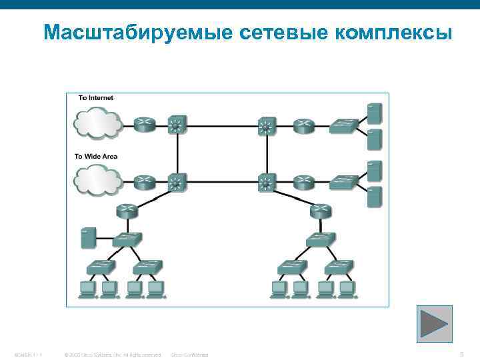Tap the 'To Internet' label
point(96,98)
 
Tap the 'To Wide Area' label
point(96,156)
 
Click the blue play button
point(434,323)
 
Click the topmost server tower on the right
point(374,111)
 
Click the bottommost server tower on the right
point(374,197)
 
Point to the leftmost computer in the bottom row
point(87,289)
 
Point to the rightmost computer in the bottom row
point(345,289)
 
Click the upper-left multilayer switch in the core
point(177,124)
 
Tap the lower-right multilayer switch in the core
point(267,181)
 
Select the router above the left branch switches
point(127,211)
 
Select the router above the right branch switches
point(321,211)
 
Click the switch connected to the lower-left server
point(127,239)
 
